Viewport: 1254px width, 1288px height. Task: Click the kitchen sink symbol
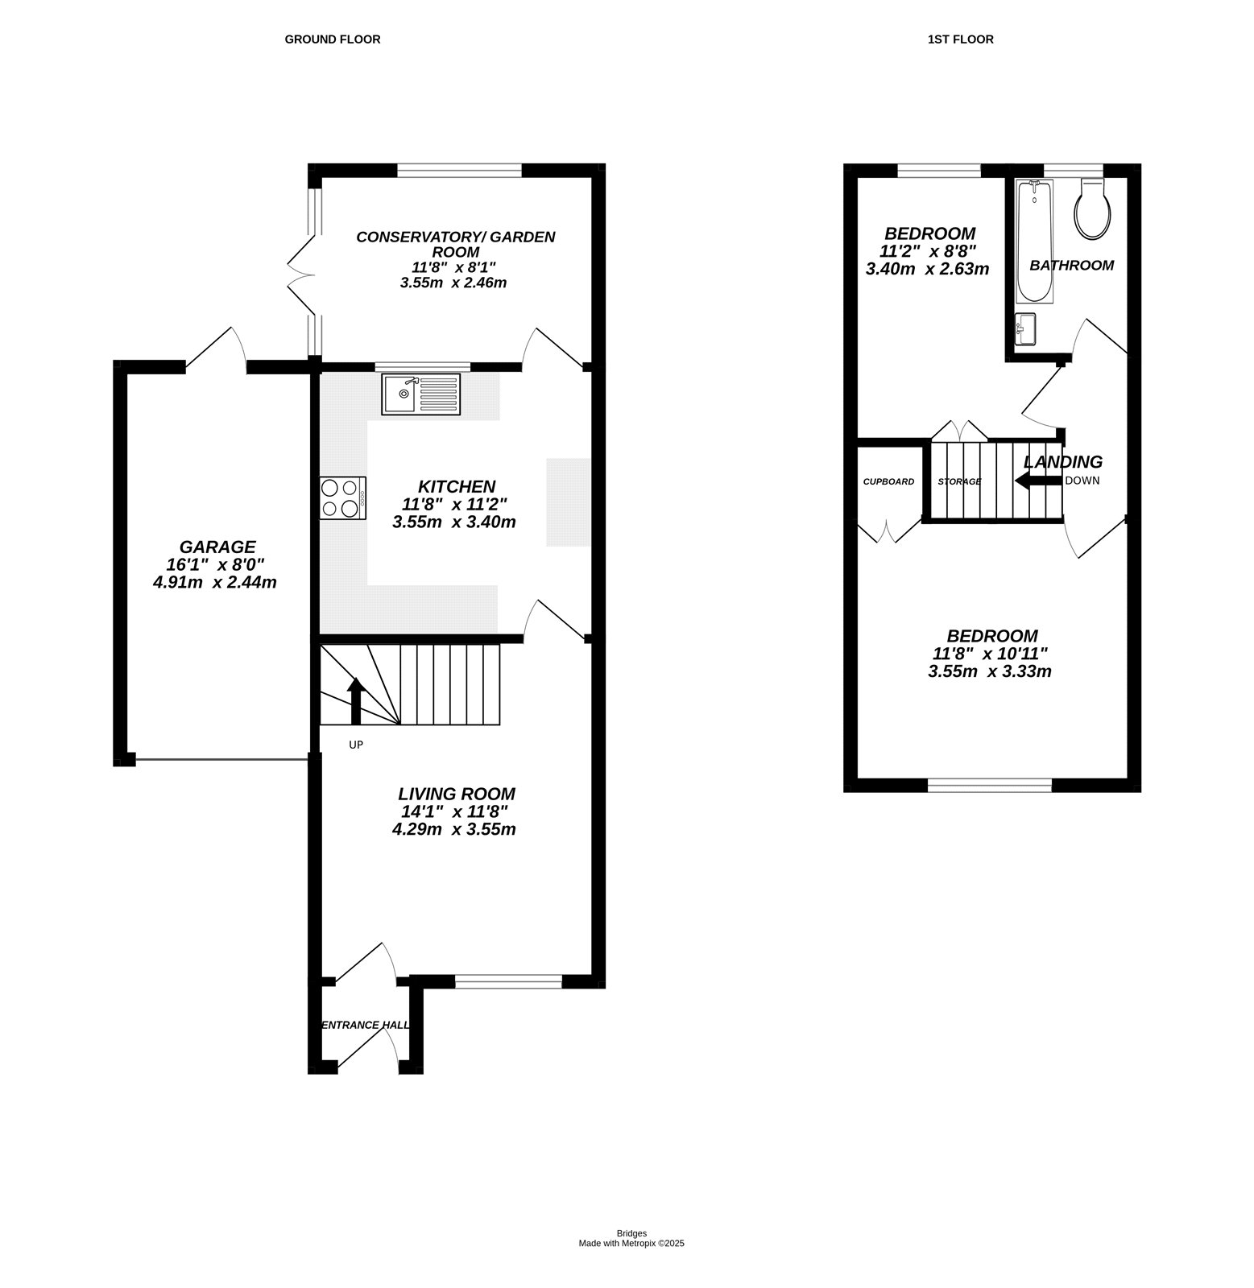[x=421, y=394]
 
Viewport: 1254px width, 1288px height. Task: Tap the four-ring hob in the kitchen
[x=342, y=497]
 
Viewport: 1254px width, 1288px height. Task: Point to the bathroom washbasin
[x=1026, y=328]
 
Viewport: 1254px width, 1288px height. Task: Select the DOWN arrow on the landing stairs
[x=1037, y=481]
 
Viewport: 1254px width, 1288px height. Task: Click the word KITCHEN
[x=456, y=487]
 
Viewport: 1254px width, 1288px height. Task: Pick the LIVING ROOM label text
[x=456, y=794]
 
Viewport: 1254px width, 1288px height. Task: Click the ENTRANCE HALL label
[x=365, y=1025]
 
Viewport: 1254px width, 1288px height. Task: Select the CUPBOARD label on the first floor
[x=888, y=481]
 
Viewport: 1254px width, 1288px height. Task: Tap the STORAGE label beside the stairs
[x=959, y=481]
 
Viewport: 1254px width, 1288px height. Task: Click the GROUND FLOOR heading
[x=332, y=39]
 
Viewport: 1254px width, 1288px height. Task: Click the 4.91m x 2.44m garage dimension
[x=214, y=582]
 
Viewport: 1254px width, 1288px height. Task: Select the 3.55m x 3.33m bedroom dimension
[x=989, y=671]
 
